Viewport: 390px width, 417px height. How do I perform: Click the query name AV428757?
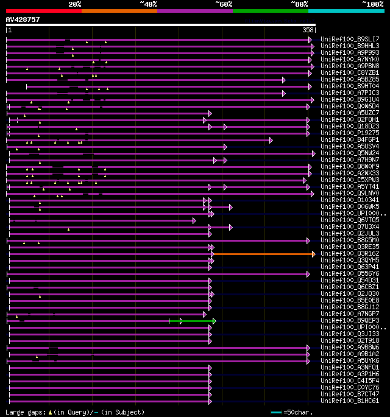[23, 19]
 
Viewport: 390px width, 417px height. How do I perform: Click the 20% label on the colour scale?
[74, 4]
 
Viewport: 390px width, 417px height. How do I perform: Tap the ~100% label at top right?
[372, 4]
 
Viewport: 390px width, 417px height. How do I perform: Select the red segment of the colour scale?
[43, 11]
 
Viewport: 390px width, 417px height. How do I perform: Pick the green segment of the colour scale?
[270, 11]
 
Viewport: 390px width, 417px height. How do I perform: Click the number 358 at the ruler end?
[308, 30]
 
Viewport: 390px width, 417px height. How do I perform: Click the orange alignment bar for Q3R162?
[262, 254]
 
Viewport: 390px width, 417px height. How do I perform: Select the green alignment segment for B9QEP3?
[191, 321]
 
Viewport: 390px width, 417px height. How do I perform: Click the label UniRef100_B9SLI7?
[350, 39]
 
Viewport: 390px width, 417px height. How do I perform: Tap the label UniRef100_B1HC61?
[350, 401]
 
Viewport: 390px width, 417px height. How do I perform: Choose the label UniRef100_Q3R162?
[350, 253]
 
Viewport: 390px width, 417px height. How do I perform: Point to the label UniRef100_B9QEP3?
[350, 320]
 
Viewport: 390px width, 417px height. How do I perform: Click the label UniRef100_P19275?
[350, 133]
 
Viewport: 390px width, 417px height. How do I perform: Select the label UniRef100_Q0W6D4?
[350, 106]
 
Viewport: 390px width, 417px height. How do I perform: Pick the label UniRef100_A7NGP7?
[350, 314]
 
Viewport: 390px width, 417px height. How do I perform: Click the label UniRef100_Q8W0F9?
[350, 166]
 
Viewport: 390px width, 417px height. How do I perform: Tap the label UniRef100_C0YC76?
[350, 387]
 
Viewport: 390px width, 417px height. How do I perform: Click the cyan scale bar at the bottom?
[276, 412]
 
